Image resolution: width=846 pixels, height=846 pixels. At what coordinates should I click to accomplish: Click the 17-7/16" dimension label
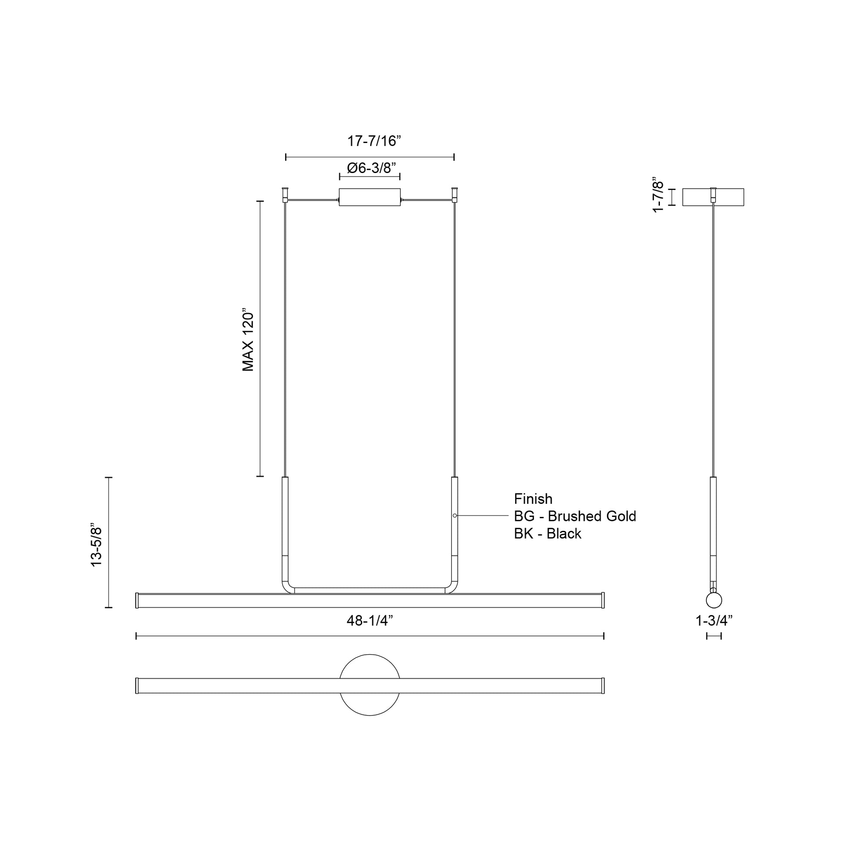point(374,141)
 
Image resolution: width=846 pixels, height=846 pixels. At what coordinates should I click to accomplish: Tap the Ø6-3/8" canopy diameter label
point(371,168)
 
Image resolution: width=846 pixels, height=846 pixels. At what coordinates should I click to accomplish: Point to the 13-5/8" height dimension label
point(97,545)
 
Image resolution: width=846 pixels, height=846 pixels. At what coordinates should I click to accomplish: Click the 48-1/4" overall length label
point(370,620)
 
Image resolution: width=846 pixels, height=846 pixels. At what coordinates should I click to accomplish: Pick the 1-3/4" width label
point(714,620)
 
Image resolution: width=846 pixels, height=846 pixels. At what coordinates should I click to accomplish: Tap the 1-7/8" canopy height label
point(658,195)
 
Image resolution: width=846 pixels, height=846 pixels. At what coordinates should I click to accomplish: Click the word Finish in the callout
point(533,499)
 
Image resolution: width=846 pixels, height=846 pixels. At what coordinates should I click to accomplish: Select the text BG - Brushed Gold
point(575,516)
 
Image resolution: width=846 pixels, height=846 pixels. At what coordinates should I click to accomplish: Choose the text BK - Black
point(547,533)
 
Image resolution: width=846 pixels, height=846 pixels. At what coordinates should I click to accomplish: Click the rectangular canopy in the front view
point(370,197)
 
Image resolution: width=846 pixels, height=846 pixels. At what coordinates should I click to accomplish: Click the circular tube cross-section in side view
point(714,600)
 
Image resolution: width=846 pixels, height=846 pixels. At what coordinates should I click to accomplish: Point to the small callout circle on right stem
point(455,516)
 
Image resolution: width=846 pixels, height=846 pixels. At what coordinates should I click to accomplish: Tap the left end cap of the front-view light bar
point(137,600)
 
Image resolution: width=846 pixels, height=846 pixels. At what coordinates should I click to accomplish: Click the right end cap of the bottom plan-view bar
point(603,686)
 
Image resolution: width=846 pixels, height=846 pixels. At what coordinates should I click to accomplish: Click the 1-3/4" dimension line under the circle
point(714,636)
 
